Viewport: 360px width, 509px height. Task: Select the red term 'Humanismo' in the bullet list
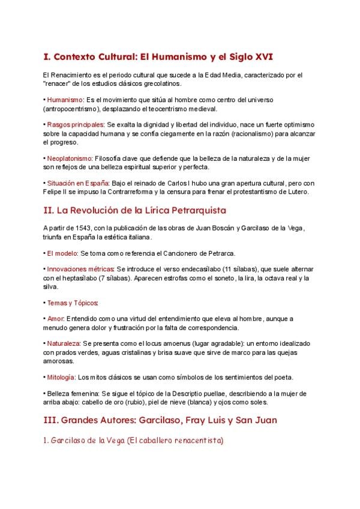65,100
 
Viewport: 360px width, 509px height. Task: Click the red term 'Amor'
55,319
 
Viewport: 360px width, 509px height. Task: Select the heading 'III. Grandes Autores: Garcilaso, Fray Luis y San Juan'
160,420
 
